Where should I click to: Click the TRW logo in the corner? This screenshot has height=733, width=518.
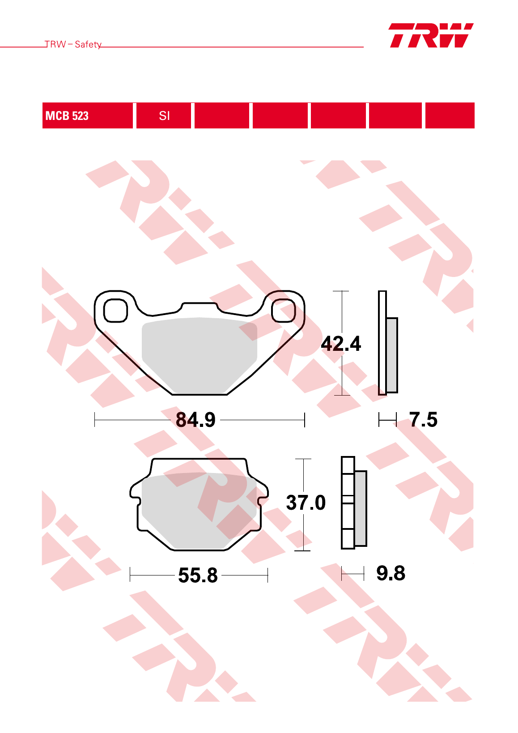(x=431, y=35)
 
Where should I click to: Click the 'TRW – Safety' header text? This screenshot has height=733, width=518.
(x=73, y=44)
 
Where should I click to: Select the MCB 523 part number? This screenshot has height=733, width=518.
(x=67, y=115)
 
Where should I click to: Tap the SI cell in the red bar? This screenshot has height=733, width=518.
(x=164, y=115)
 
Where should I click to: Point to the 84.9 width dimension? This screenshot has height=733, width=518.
(x=195, y=419)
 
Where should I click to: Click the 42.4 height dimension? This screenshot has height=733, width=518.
(x=341, y=344)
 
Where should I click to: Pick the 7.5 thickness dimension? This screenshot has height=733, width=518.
(x=423, y=419)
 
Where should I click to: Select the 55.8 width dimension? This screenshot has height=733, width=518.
(x=198, y=575)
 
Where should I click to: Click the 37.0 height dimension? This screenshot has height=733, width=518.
(x=306, y=502)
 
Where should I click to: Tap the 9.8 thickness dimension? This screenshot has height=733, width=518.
(x=391, y=573)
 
